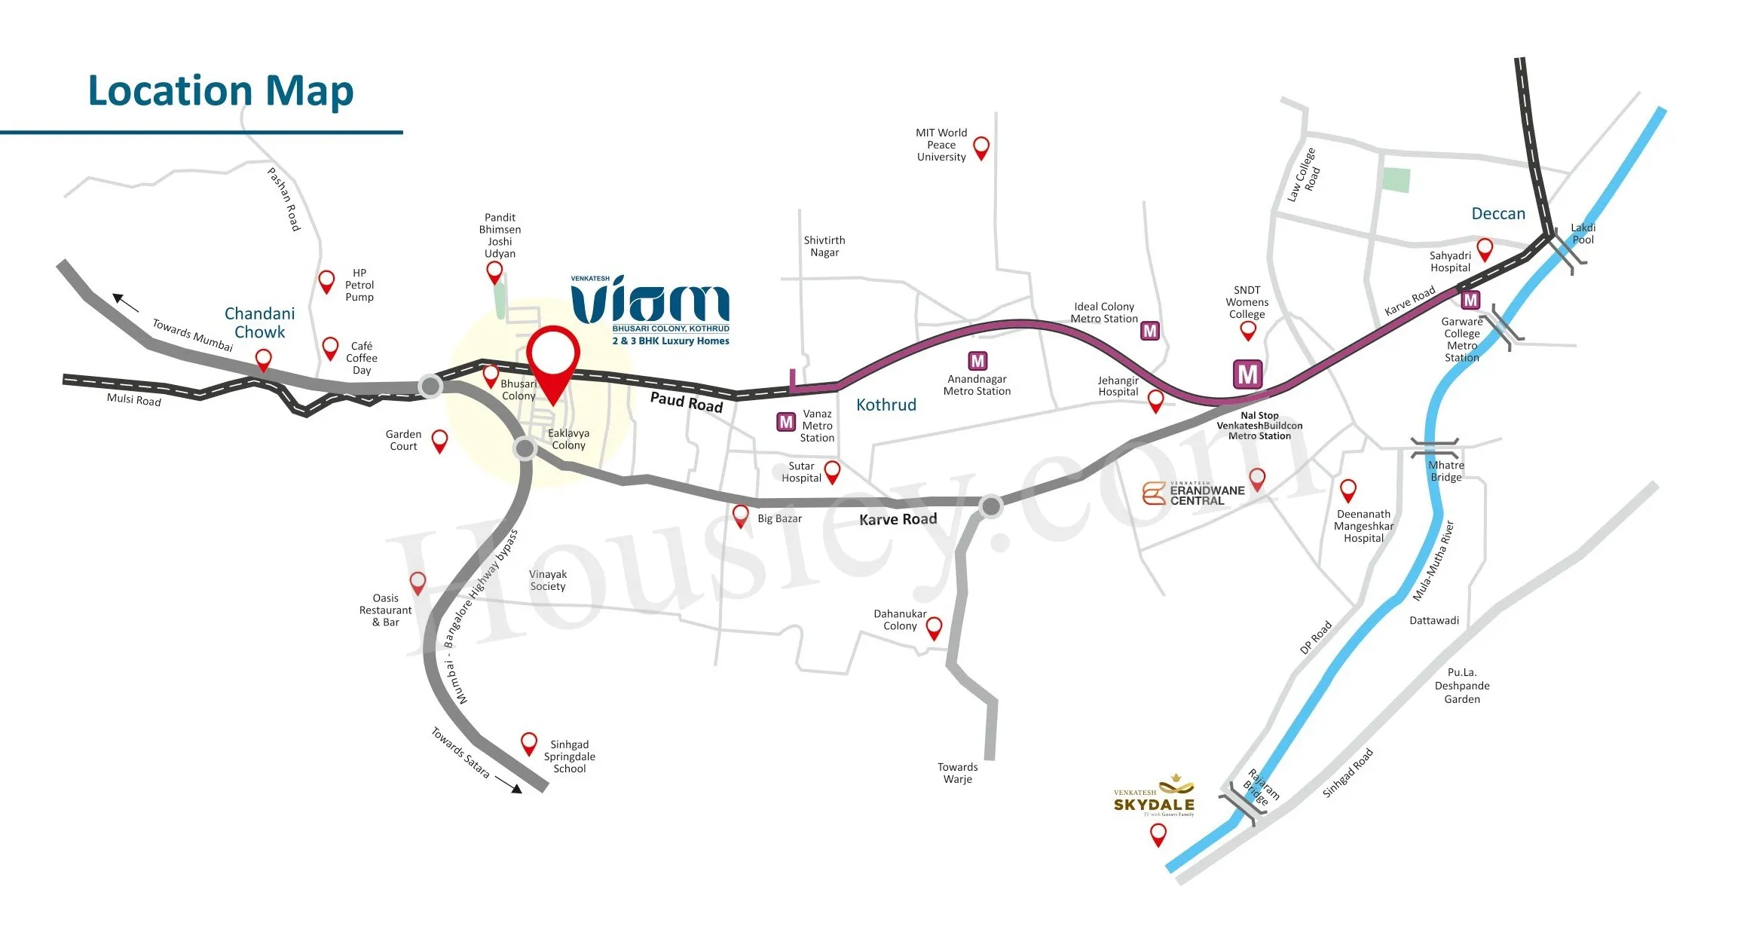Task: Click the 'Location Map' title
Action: coord(221,91)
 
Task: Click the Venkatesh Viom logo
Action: coord(650,310)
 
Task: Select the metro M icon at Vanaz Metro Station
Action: coord(786,422)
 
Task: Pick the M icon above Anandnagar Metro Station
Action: coord(977,361)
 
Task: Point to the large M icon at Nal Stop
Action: coord(1248,374)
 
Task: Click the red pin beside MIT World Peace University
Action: coord(981,148)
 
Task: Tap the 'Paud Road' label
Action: coord(687,402)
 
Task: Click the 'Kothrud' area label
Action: coord(886,405)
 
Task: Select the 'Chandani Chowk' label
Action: coord(260,322)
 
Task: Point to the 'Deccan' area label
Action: coord(1498,213)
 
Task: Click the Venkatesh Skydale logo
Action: coord(1155,796)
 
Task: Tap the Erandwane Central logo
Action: coord(1194,494)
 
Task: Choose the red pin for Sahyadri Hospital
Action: coord(1485,249)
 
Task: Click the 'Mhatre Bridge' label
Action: coord(1446,471)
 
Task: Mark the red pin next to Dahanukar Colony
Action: coord(934,628)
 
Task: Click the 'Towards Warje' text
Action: coord(958,773)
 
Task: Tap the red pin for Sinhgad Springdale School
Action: coord(529,744)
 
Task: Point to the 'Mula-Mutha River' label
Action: coord(1433,561)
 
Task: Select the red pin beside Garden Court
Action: coord(439,442)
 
